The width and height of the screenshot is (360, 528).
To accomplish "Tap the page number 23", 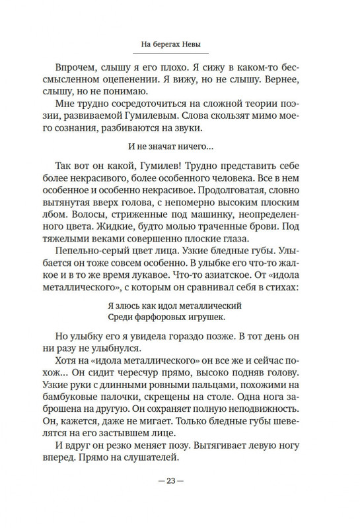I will (180, 498).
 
